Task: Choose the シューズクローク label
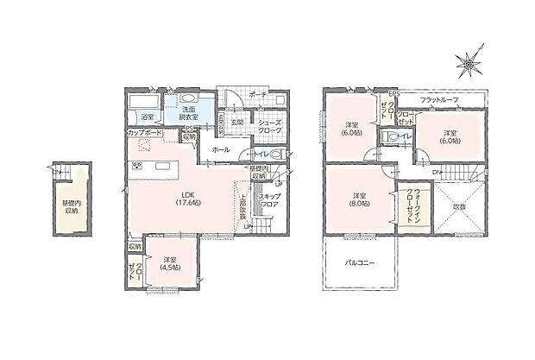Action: pyautogui.click(x=269, y=126)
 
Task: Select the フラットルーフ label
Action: pyautogui.click(x=439, y=101)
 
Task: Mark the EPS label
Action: pyautogui.click(x=393, y=93)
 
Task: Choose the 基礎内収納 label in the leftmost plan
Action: pyautogui.click(x=71, y=205)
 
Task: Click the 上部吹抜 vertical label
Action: pyautogui.click(x=243, y=203)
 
